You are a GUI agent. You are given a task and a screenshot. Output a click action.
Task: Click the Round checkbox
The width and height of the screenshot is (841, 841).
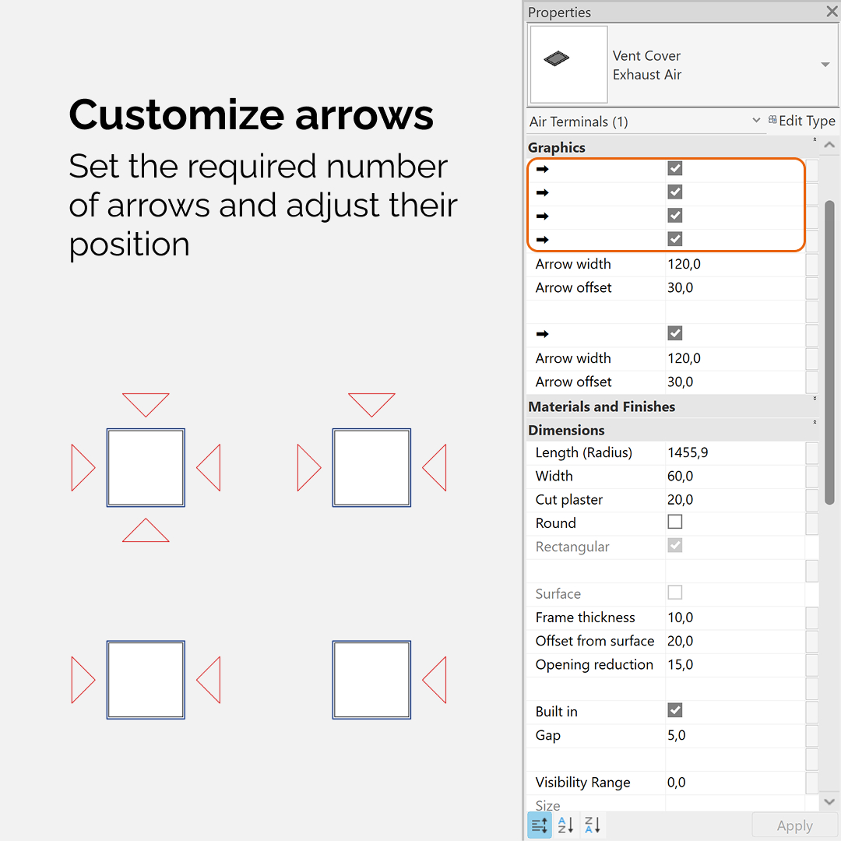click(x=674, y=522)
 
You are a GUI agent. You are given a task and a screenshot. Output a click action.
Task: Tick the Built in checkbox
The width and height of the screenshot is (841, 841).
click(x=674, y=710)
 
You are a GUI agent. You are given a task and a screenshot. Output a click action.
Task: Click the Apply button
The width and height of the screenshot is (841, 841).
click(x=794, y=825)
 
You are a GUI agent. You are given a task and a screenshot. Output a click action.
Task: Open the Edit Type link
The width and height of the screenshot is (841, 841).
click(x=802, y=121)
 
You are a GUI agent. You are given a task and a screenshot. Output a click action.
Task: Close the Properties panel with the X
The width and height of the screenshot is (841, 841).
click(x=832, y=11)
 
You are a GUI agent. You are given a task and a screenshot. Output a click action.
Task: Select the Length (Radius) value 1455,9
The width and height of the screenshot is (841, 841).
click(x=688, y=452)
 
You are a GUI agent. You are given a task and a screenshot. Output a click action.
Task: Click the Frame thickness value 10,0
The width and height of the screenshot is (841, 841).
click(x=680, y=618)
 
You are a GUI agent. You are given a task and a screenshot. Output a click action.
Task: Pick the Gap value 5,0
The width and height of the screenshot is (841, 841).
click(x=677, y=735)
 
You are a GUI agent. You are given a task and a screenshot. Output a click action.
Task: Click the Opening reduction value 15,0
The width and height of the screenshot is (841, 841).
click(x=680, y=664)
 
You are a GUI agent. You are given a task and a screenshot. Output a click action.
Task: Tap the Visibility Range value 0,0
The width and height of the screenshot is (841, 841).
click(x=677, y=783)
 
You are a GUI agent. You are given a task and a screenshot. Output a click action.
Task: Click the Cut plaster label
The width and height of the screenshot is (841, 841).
click(x=568, y=500)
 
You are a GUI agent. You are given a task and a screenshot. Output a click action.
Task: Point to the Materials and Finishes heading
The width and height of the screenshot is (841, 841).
click(x=601, y=406)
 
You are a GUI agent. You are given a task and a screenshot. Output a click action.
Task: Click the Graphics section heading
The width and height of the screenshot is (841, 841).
click(x=556, y=147)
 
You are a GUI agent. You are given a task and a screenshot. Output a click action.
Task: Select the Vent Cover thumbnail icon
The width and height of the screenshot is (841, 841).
click(x=556, y=58)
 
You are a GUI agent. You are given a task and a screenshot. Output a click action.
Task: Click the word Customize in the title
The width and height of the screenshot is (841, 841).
click(x=177, y=114)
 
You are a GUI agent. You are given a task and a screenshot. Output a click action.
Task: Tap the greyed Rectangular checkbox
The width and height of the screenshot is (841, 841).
click(x=674, y=545)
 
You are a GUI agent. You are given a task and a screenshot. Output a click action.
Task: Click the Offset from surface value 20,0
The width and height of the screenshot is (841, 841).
click(x=680, y=641)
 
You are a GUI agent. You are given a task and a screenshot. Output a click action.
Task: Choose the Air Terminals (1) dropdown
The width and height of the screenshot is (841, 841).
click(x=644, y=121)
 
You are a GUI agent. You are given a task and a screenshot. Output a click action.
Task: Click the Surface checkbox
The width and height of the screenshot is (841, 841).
click(x=674, y=592)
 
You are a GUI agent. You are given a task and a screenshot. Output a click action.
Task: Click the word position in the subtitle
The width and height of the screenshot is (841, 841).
click(x=129, y=246)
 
